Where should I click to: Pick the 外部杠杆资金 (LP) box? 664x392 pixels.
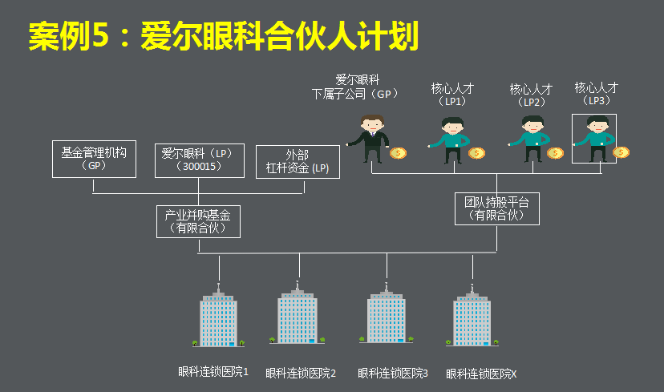[298, 161]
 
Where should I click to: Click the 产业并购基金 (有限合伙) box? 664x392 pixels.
[197, 221]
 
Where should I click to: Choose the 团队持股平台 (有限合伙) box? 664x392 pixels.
[496, 208]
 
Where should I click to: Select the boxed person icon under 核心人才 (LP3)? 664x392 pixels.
[594, 138]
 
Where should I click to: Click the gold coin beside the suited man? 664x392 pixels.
[399, 152]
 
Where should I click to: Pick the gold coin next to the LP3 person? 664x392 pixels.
[621, 152]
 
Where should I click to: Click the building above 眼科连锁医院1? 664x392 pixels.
[219, 317]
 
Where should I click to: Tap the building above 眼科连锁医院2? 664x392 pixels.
[298, 317]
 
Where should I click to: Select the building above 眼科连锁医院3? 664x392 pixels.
[387, 317]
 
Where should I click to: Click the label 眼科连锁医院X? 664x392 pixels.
[481, 374]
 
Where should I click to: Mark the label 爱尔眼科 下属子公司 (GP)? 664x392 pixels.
[355, 87]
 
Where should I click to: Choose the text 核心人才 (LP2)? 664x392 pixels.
[531, 95]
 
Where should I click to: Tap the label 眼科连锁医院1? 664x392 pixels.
[213, 372]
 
